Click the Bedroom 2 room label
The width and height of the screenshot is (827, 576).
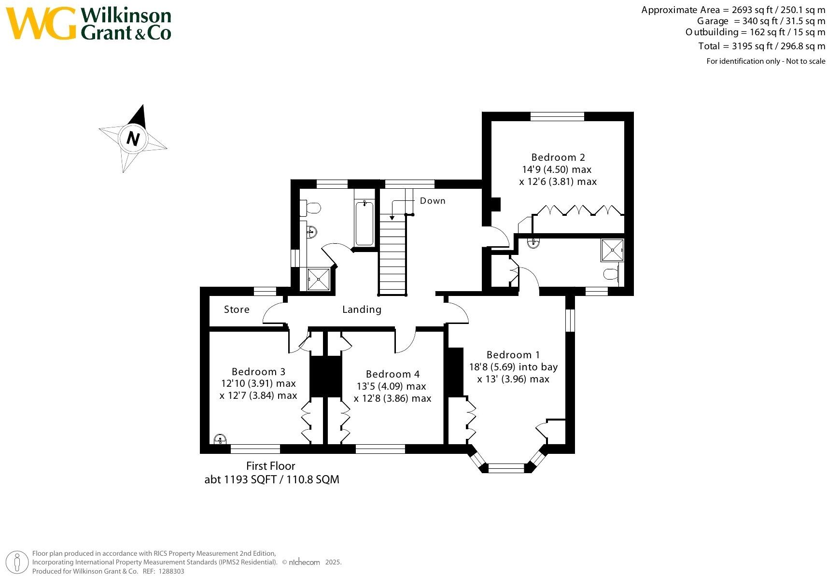point(558,157)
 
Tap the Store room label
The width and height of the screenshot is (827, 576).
point(237,309)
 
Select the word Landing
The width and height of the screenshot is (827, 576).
point(362,309)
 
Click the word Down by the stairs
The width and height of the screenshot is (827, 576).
point(432,201)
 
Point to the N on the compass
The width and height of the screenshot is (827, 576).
point(133,139)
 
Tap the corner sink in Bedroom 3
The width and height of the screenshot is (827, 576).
point(220,439)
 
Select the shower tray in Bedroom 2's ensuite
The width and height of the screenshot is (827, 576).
point(612,250)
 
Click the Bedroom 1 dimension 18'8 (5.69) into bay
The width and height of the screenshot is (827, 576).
point(513,367)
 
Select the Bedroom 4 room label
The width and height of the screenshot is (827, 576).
point(392,374)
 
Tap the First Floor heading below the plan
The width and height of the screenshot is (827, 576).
point(270,466)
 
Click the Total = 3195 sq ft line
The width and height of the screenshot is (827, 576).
point(761,46)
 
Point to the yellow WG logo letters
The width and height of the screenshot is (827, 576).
point(41,23)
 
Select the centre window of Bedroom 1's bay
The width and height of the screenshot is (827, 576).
point(506,467)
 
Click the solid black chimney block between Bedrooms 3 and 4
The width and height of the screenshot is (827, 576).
point(325,377)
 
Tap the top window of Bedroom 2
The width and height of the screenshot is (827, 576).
point(557,116)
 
